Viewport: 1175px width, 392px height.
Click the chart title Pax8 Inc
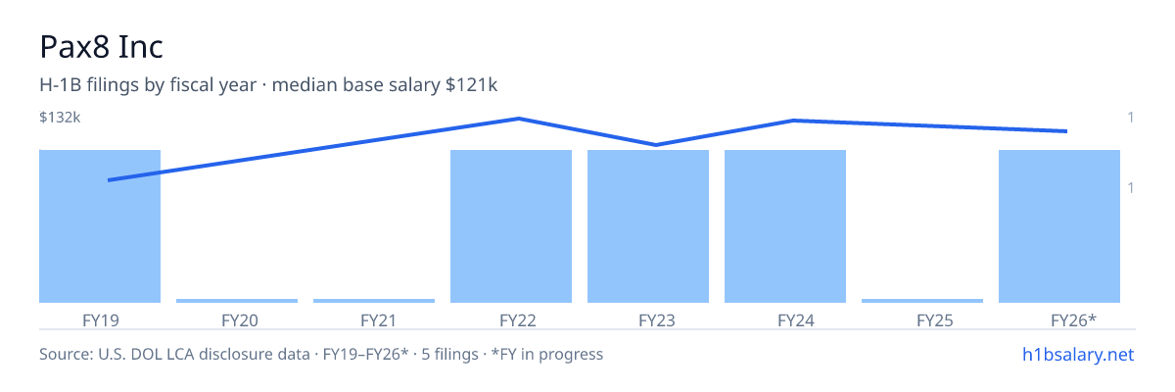click(101, 47)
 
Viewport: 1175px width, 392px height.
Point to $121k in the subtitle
click(471, 85)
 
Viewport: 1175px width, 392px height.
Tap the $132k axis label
click(60, 118)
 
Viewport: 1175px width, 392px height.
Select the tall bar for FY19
click(100, 226)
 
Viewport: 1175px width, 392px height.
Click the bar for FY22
click(511, 226)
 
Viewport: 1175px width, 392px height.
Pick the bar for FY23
click(648, 226)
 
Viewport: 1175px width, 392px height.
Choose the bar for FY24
click(785, 226)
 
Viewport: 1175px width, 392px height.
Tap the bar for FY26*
click(1059, 226)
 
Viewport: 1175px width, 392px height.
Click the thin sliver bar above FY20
click(237, 301)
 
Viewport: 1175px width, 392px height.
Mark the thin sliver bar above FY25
click(922, 301)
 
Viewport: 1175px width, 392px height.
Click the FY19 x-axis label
click(101, 320)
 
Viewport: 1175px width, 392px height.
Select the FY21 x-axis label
click(378, 320)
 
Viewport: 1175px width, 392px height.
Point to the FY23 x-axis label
click(657, 320)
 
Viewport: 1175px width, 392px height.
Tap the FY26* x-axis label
click(1073, 320)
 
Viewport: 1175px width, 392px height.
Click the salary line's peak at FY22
click(519, 119)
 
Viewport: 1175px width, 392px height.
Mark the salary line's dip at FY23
click(656, 145)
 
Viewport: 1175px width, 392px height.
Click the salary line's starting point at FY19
click(109, 180)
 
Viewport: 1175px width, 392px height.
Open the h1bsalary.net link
click(1078, 355)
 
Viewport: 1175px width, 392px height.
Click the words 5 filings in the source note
click(449, 355)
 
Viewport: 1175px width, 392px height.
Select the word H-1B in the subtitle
click(61, 85)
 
